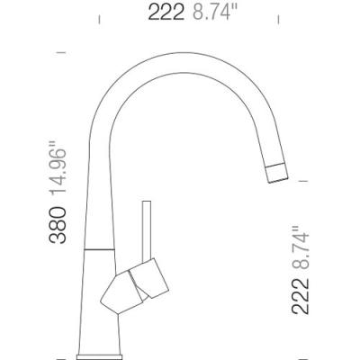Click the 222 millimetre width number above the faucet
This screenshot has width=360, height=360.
[x=166, y=13]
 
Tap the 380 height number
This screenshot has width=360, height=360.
[x=58, y=225]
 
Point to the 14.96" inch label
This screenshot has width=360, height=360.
[x=58, y=169]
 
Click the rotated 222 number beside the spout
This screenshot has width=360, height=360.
[x=301, y=296]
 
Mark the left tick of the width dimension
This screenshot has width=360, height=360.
[x=99, y=20]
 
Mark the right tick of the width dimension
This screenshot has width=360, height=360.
[x=278, y=20]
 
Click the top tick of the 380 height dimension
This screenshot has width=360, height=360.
[x=61, y=52]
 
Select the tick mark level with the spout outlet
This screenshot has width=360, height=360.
[x=303, y=181]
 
